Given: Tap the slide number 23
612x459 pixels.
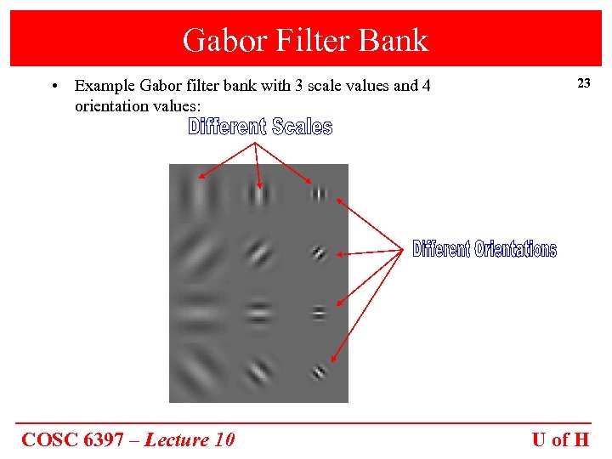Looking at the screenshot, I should coord(583,83).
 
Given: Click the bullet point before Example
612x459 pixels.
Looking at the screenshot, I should coord(54,86).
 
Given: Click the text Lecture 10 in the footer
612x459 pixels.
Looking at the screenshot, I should coord(190,439).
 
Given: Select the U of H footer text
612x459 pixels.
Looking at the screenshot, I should coord(560,439).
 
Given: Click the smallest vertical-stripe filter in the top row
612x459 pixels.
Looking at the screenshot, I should coord(319,194).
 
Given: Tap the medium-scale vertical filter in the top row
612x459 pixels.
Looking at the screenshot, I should coord(258,195).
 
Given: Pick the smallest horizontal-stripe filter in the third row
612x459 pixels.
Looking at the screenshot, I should coord(319,312).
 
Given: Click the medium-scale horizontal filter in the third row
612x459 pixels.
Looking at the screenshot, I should coord(258,313).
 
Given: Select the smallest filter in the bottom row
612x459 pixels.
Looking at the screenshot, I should coord(319,371).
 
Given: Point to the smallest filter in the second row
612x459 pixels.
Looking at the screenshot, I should coord(319,252).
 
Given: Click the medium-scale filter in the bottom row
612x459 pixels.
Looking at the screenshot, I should coord(258,371).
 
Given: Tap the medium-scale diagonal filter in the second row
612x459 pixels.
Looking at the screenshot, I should coord(258,253).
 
